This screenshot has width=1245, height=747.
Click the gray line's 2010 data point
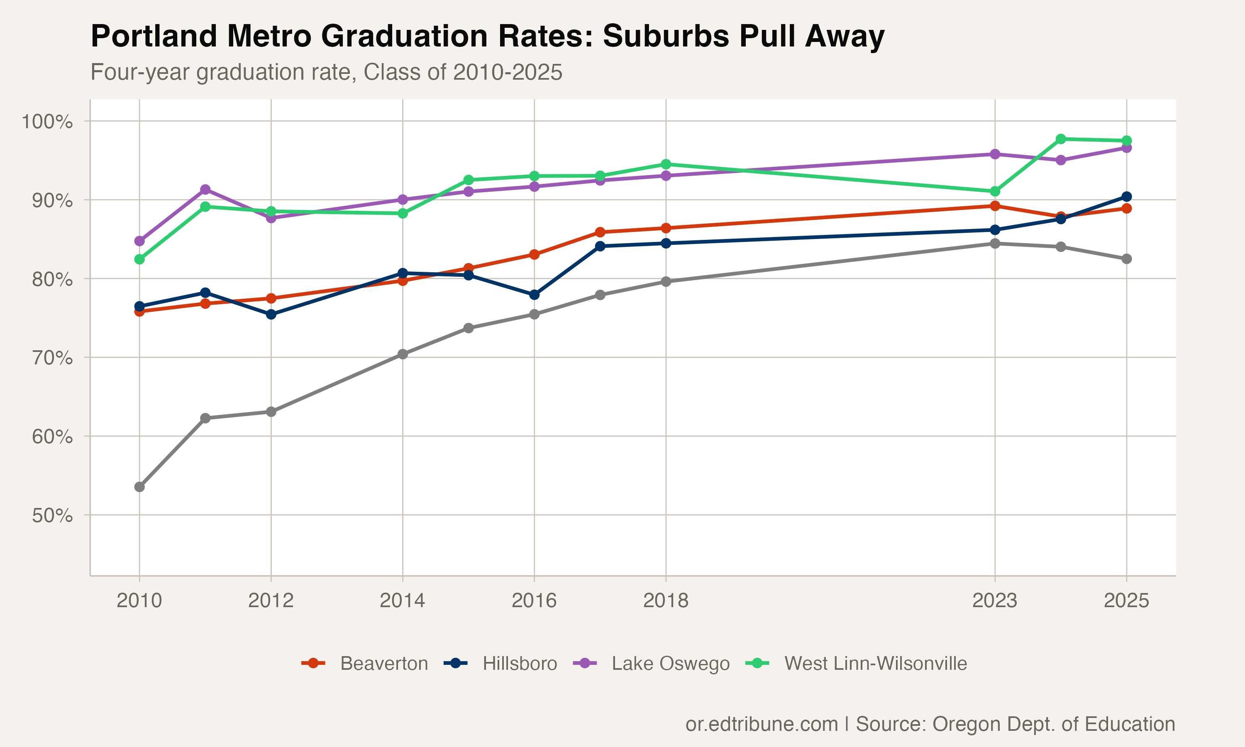click(139, 487)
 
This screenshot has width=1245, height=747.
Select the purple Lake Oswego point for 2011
click(205, 189)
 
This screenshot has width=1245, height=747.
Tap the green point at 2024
click(1061, 139)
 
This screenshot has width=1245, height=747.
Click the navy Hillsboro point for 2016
click(535, 295)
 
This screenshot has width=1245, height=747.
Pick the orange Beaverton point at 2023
click(995, 206)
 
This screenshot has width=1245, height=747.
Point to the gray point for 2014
click(403, 354)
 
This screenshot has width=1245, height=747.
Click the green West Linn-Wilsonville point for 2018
click(666, 164)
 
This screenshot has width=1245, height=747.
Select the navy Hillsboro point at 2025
click(1127, 196)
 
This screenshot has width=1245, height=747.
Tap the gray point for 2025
click(1127, 259)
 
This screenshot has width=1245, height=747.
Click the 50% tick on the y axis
click(52, 515)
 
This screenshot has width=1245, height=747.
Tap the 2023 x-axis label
click(994, 601)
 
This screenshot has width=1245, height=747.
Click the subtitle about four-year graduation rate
click(326, 72)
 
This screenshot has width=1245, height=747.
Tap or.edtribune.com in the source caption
click(762, 724)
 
